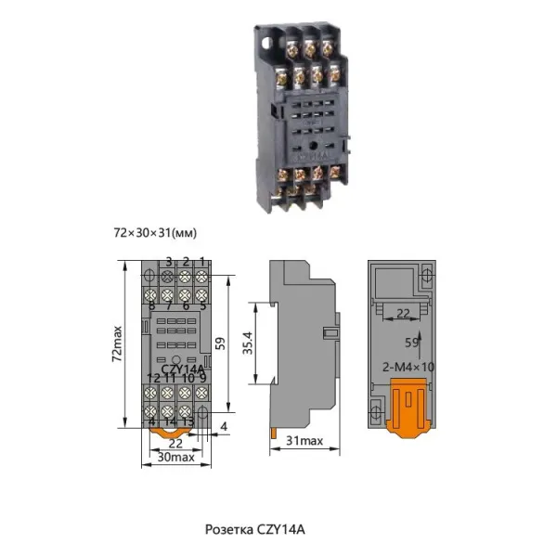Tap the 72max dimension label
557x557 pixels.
click(x=117, y=343)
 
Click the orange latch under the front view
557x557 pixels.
click(x=168, y=430)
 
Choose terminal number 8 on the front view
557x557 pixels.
click(x=151, y=304)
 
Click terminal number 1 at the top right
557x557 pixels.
click(x=202, y=262)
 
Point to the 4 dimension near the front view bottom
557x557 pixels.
click(x=224, y=427)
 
